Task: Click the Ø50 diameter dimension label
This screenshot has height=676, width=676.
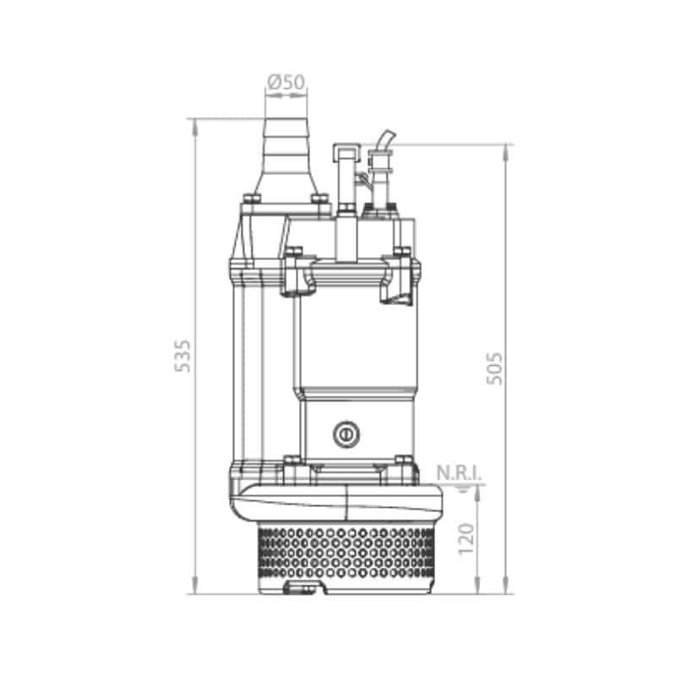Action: pos(286,82)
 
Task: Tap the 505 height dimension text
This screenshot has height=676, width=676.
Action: pos(494,368)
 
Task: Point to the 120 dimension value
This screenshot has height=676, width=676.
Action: pos(466,539)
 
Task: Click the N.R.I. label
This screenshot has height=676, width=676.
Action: pos(459,473)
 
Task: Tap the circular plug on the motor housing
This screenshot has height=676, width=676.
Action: pos(346,434)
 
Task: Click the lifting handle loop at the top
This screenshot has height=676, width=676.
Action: pos(346,153)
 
